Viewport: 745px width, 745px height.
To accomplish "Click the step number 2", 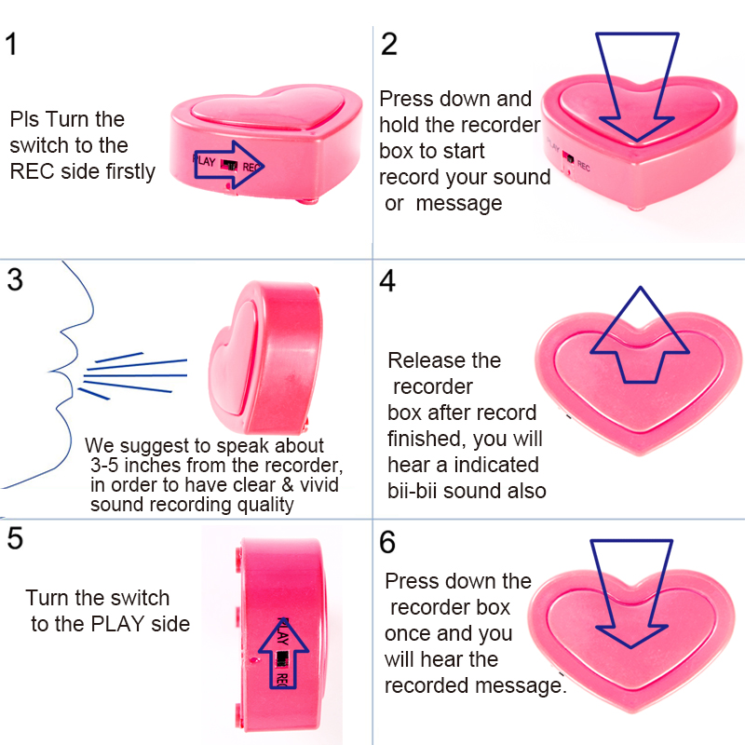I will (389, 44).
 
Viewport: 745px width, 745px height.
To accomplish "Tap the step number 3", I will (14, 279).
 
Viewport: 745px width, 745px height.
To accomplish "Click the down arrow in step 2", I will (639, 88).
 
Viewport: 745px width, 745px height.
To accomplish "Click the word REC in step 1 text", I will (32, 170).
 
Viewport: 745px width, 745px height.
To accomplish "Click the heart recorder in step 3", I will (265, 354).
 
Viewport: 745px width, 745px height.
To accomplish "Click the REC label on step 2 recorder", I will (584, 166).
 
